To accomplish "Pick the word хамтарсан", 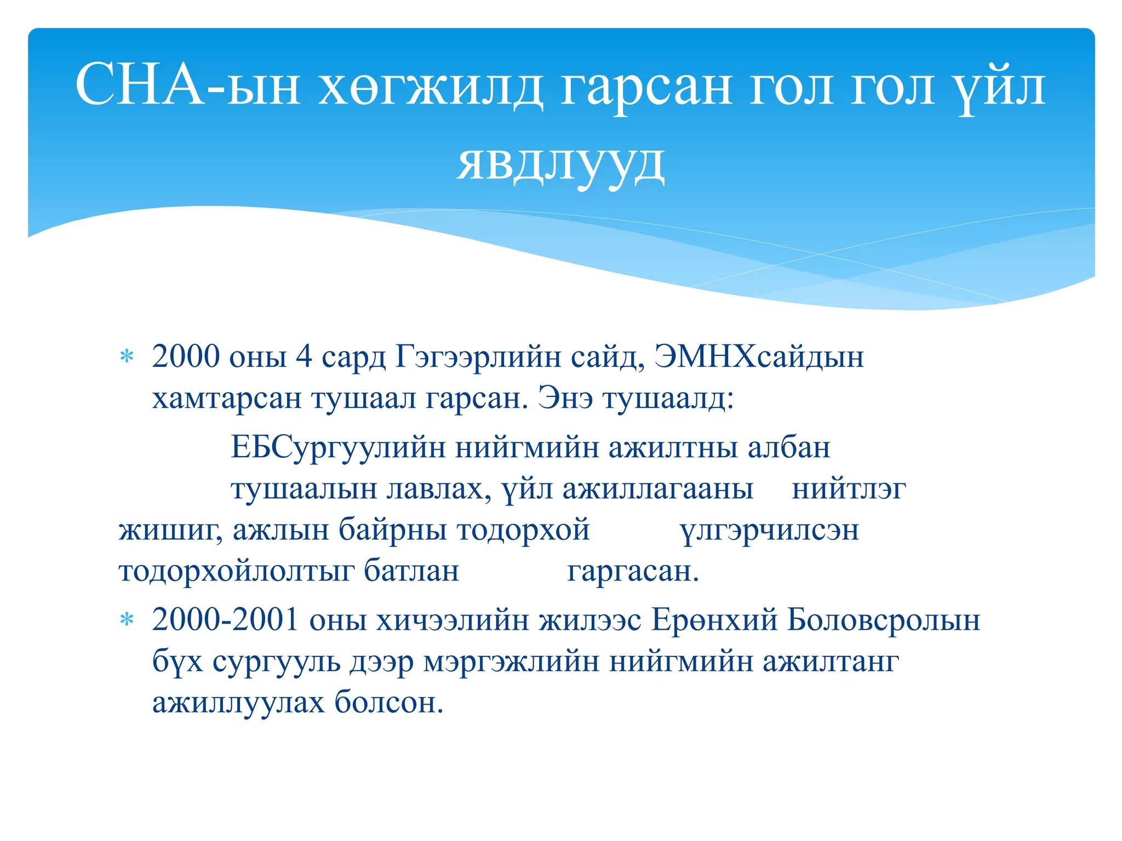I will (x=226, y=398).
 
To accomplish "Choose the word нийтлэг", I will (x=849, y=488).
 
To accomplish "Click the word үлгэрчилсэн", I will (x=769, y=530).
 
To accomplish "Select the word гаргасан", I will (x=633, y=571).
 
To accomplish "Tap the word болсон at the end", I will (x=388, y=702).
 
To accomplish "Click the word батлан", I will (x=411, y=571).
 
